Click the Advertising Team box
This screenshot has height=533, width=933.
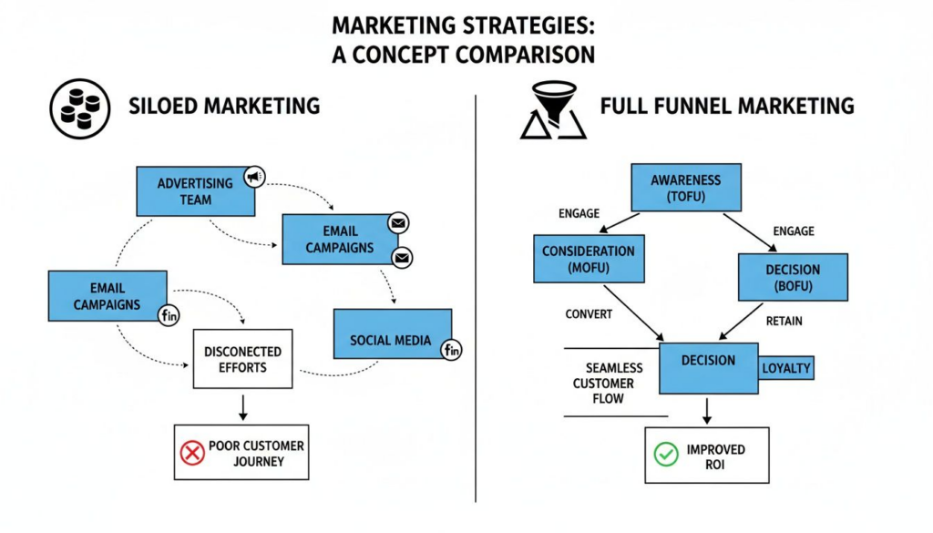coord(195,191)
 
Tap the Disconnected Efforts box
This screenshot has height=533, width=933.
coord(242,359)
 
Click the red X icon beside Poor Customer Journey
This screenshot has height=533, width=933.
coord(192,452)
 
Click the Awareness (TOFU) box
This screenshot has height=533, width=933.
coord(686,188)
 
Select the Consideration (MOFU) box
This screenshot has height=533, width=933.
coord(589,259)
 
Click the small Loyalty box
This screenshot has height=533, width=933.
coord(785,368)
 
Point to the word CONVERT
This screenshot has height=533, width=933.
coord(590,314)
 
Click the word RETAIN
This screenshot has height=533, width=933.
coord(784,321)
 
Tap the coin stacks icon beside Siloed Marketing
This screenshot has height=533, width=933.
coord(79,108)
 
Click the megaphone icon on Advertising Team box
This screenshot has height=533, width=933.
coord(254,177)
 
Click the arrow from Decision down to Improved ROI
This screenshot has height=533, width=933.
coord(707,409)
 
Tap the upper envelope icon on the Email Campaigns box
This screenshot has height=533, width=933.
coord(398,222)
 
